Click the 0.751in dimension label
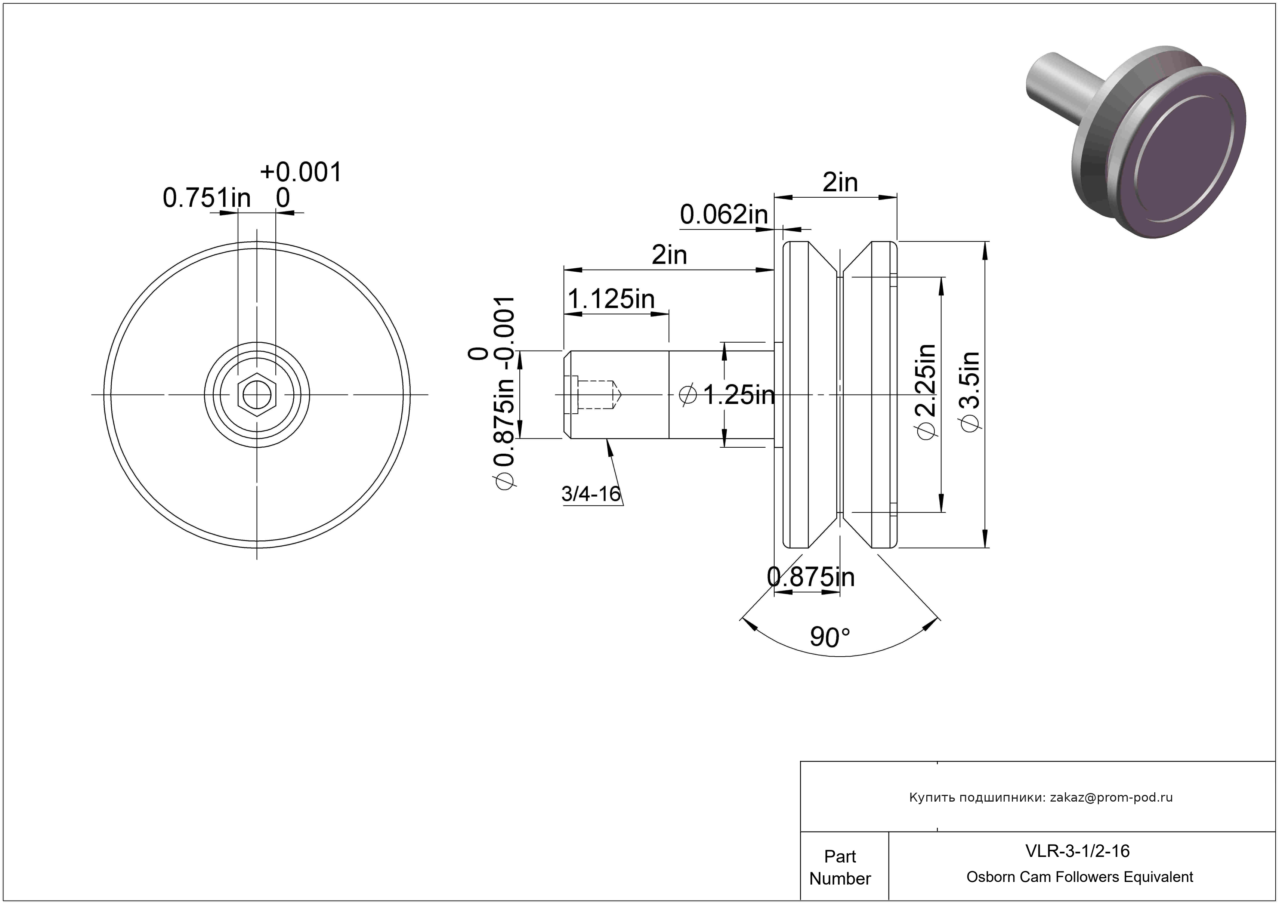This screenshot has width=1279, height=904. click(207, 198)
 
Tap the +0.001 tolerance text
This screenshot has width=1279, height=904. click(301, 172)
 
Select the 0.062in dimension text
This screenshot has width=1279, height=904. click(724, 215)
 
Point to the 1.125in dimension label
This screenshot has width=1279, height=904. click(611, 299)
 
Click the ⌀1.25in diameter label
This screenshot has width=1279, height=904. click(727, 395)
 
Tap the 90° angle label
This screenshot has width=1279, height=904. click(830, 637)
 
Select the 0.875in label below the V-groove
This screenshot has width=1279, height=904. click(811, 577)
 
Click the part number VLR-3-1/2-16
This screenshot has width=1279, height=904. click(1077, 851)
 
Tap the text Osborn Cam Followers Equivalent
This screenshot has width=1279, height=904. click(1079, 877)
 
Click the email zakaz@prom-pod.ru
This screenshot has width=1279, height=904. click(1111, 797)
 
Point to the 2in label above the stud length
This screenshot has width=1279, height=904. click(669, 255)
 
